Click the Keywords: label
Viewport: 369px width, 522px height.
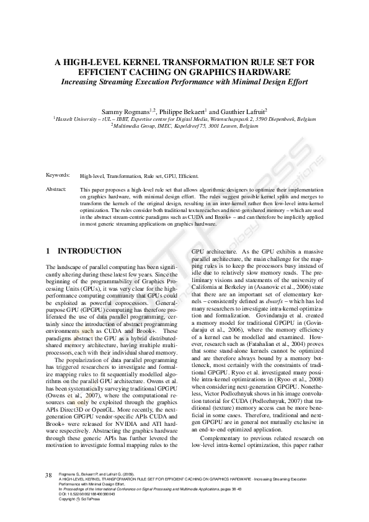(57, 176)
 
